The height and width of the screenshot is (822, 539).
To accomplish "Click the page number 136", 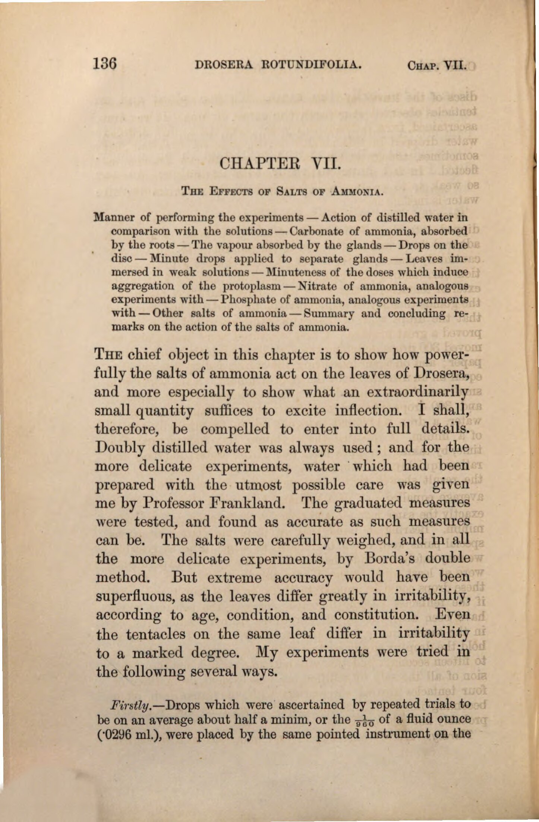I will (x=105, y=63).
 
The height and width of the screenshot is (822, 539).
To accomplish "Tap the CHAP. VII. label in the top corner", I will (x=436, y=66).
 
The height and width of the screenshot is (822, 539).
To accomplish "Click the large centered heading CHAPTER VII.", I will (x=280, y=163).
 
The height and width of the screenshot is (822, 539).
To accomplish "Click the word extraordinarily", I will (x=417, y=392).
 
